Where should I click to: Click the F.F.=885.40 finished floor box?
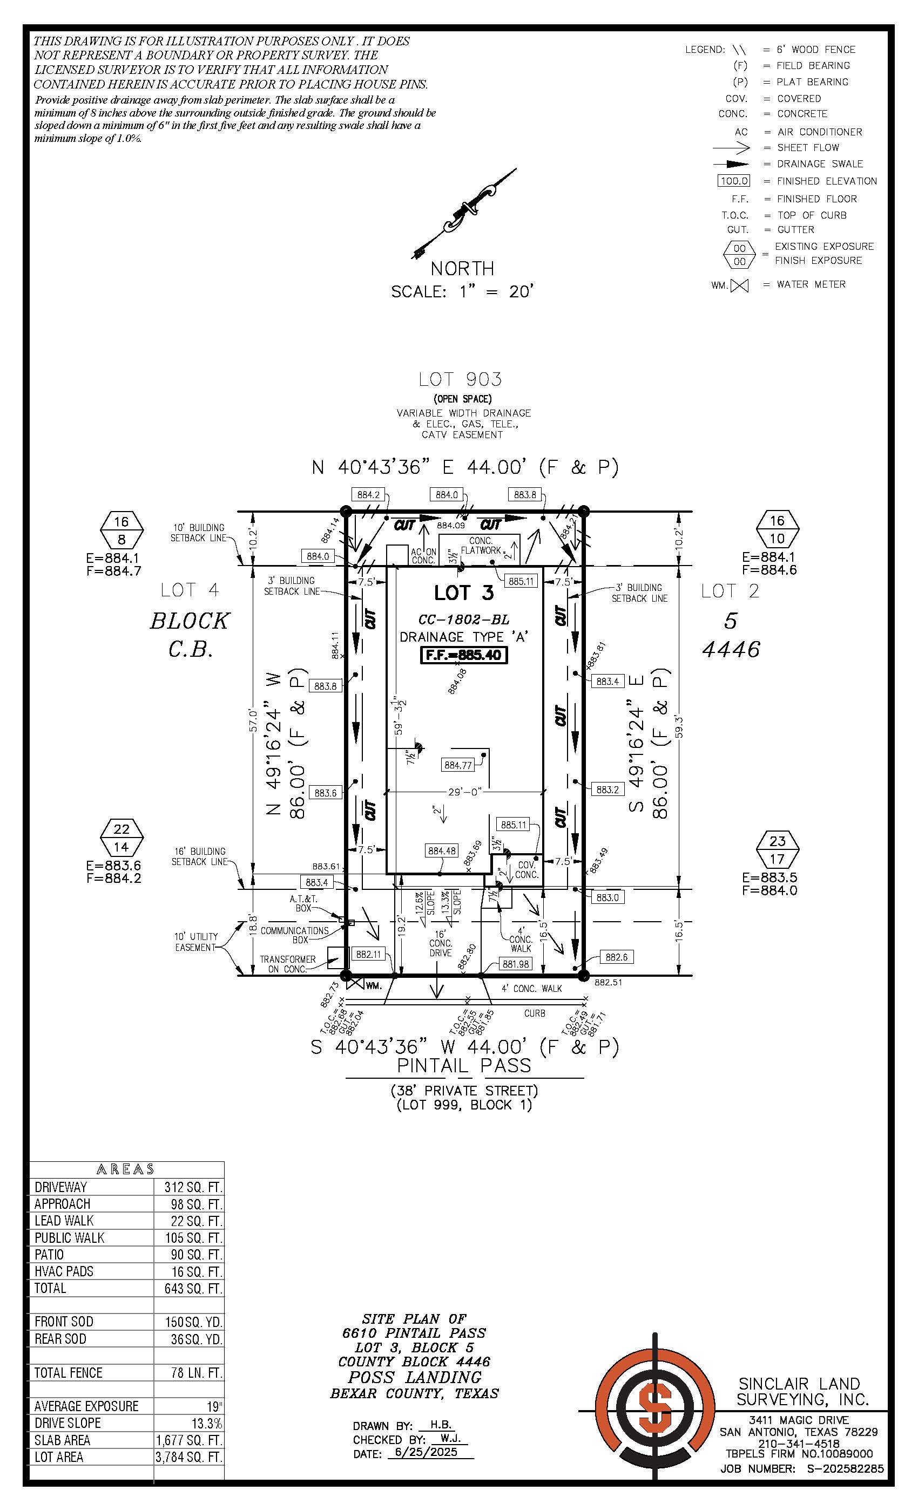463,655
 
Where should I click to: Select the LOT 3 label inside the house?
464,593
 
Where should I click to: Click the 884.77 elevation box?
458,765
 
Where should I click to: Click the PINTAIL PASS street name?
463,1065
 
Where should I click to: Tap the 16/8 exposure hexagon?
122,530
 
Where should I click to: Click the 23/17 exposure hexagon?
777,849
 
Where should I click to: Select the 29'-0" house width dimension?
464,792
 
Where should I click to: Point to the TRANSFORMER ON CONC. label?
288,963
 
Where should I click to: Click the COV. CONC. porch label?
526,869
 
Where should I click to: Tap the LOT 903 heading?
460,379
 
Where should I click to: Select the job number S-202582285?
845,1469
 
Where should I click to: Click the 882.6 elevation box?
616,957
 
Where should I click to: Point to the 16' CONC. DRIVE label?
441,943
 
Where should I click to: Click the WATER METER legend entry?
811,284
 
